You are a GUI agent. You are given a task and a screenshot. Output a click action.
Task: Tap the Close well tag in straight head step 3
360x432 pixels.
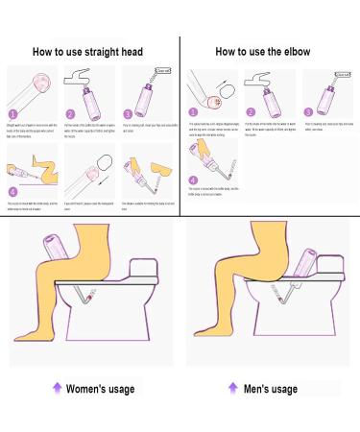pyautogui.click(x=163, y=70)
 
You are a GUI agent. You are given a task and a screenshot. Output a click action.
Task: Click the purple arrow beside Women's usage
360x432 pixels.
pyautogui.click(x=57, y=388)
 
